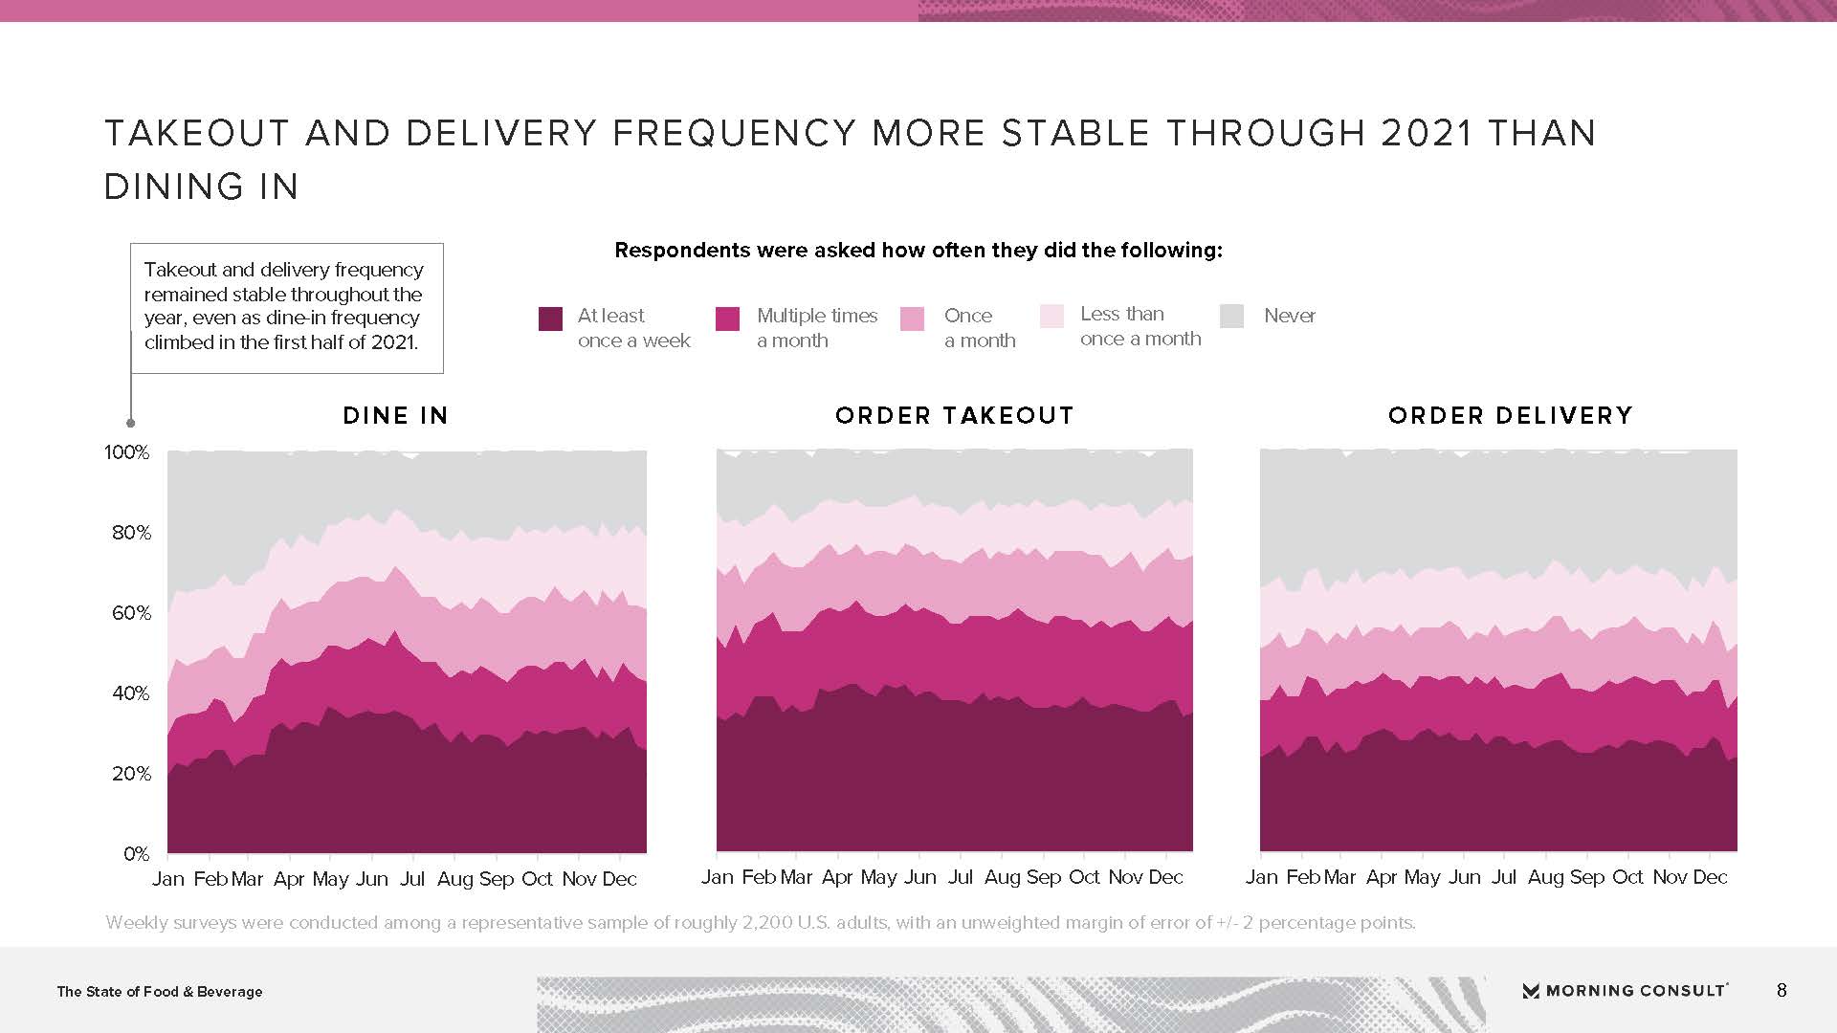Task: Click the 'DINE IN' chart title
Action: pyautogui.click(x=395, y=416)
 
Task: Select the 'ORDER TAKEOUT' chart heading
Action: pyautogui.click(x=954, y=416)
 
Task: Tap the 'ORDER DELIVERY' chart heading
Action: pyautogui.click(x=1510, y=416)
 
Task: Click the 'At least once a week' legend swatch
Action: pyautogui.click(x=550, y=319)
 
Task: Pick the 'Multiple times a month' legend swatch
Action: pyautogui.click(x=727, y=319)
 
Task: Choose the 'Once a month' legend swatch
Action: pyautogui.click(x=913, y=319)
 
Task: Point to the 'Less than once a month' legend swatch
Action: pyautogui.click(x=1051, y=317)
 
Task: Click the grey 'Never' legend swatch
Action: pyautogui.click(x=1232, y=316)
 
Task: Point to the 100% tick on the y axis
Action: pyautogui.click(x=127, y=452)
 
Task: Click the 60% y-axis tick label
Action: pyautogui.click(x=131, y=613)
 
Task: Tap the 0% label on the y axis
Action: pyautogui.click(x=136, y=854)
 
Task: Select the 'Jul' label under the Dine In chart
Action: pyautogui.click(x=412, y=879)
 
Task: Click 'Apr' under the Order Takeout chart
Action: pyautogui.click(x=837, y=877)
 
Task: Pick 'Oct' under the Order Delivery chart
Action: pyautogui.click(x=1627, y=877)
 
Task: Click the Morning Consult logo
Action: pyautogui.click(x=1625, y=991)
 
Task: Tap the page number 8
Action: pyautogui.click(x=1782, y=991)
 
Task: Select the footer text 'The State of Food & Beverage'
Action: pyautogui.click(x=160, y=992)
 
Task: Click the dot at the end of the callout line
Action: pyautogui.click(x=131, y=423)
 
